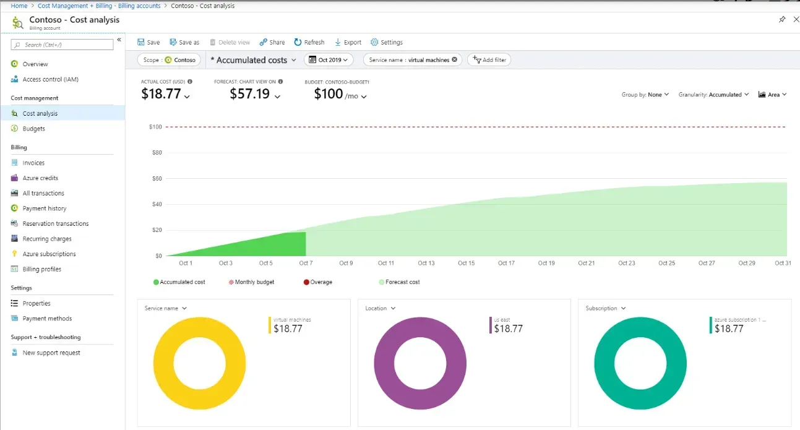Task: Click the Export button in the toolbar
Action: pyautogui.click(x=348, y=42)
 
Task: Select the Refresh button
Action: pyautogui.click(x=309, y=42)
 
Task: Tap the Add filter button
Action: pyautogui.click(x=489, y=60)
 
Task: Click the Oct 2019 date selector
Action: pyautogui.click(x=329, y=60)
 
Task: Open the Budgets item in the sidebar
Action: pyautogui.click(x=33, y=129)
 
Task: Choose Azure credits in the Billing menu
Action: pyautogui.click(x=40, y=178)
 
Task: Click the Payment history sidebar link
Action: pyautogui.click(x=44, y=209)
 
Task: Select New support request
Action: pyautogui.click(x=51, y=353)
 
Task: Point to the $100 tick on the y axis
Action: pyautogui.click(x=155, y=127)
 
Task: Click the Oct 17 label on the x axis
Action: pyautogui.click(x=506, y=263)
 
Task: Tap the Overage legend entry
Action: pyautogui.click(x=320, y=282)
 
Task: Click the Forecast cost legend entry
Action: pyautogui.click(x=402, y=282)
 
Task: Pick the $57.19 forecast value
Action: pyautogui.click(x=249, y=94)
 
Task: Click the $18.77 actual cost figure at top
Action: pyautogui.click(x=161, y=94)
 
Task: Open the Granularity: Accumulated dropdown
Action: pyautogui.click(x=713, y=95)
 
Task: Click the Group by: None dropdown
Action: pyautogui.click(x=645, y=95)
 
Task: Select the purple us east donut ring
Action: pyautogui.click(x=382, y=363)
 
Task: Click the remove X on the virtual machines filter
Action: pyautogui.click(x=455, y=60)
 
